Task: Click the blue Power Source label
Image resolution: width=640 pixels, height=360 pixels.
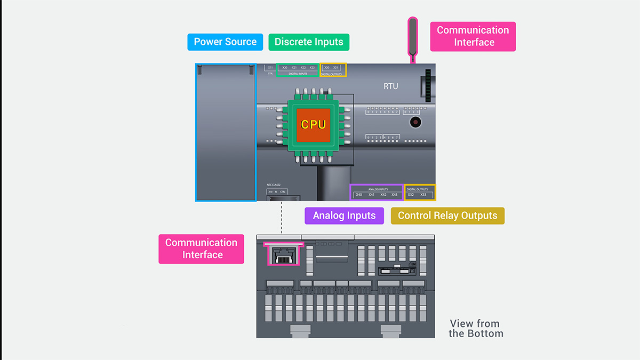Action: pos(225,42)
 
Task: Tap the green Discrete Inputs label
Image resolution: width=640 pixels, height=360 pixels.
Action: pos(309,42)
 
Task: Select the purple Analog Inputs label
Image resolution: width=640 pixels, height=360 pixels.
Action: pos(344,215)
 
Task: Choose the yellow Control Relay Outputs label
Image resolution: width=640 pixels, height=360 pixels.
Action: pos(447,215)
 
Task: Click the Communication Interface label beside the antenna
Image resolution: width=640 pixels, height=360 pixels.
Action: pos(473,36)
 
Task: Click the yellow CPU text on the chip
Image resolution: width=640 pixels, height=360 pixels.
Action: pos(313,125)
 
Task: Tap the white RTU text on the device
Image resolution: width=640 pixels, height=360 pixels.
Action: pos(391,86)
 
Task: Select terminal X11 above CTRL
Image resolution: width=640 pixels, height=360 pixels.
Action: pos(270,68)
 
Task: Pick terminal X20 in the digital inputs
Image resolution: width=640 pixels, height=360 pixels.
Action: pos(285,68)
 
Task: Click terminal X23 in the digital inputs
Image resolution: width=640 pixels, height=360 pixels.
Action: pos(313,68)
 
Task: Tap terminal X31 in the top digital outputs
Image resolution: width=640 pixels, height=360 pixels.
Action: pos(336,68)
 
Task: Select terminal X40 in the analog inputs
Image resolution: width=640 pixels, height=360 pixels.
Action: pos(359,195)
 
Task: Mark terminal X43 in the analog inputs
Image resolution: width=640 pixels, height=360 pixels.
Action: pos(395,195)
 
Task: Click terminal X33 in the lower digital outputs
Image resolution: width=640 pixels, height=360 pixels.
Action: pos(423,195)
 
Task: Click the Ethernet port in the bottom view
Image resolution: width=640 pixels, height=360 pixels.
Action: pos(283,255)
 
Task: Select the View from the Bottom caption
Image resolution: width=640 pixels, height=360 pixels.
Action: pos(476,329)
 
